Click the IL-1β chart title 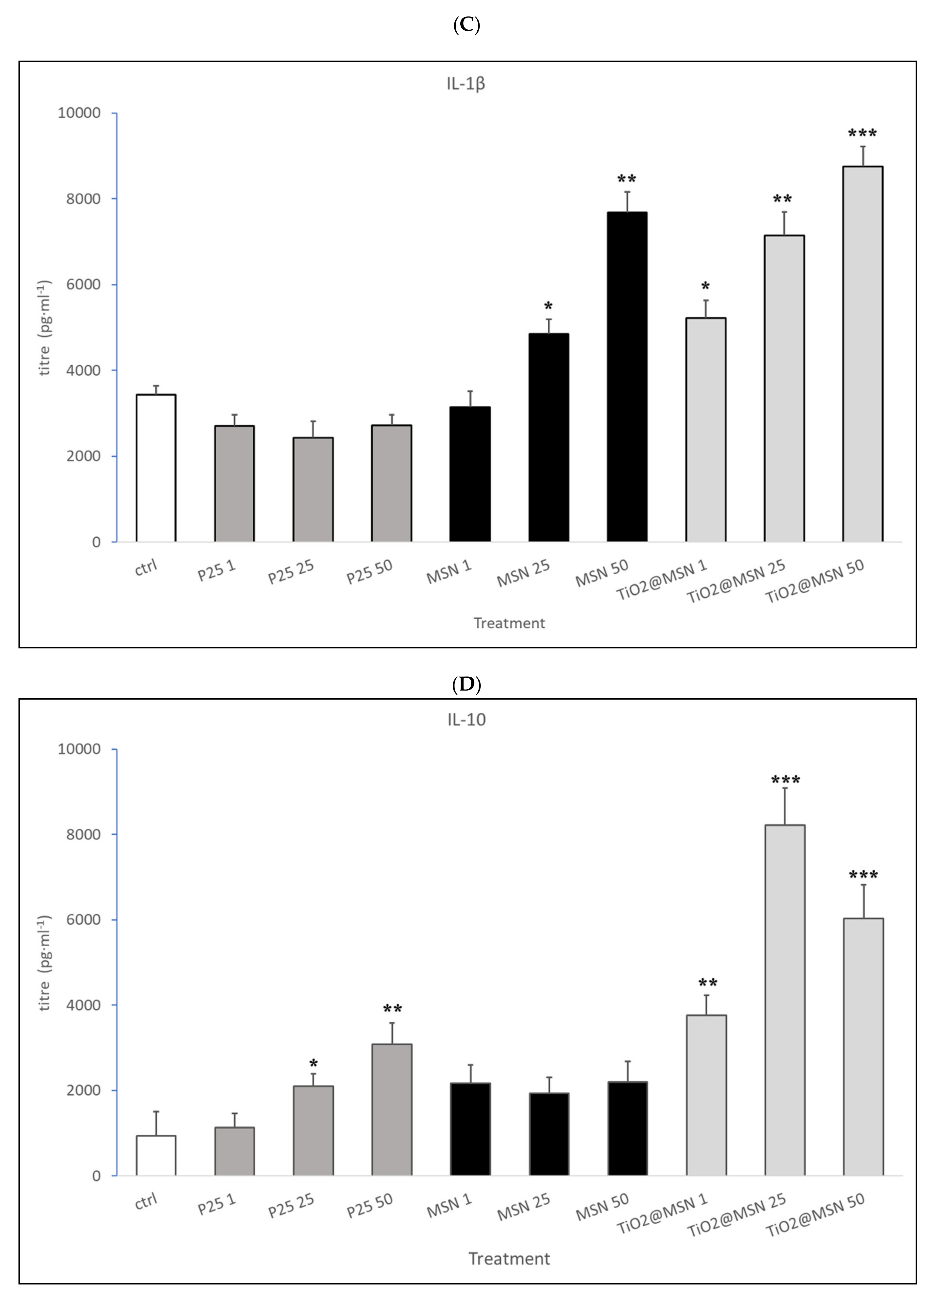466,84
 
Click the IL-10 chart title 466,720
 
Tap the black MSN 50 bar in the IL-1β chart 627,377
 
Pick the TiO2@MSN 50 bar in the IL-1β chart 863,354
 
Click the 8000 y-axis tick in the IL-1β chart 83,199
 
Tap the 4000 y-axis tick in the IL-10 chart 83,1005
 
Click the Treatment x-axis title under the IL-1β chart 509,623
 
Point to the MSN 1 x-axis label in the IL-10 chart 449,1207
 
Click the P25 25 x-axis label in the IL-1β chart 291,571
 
